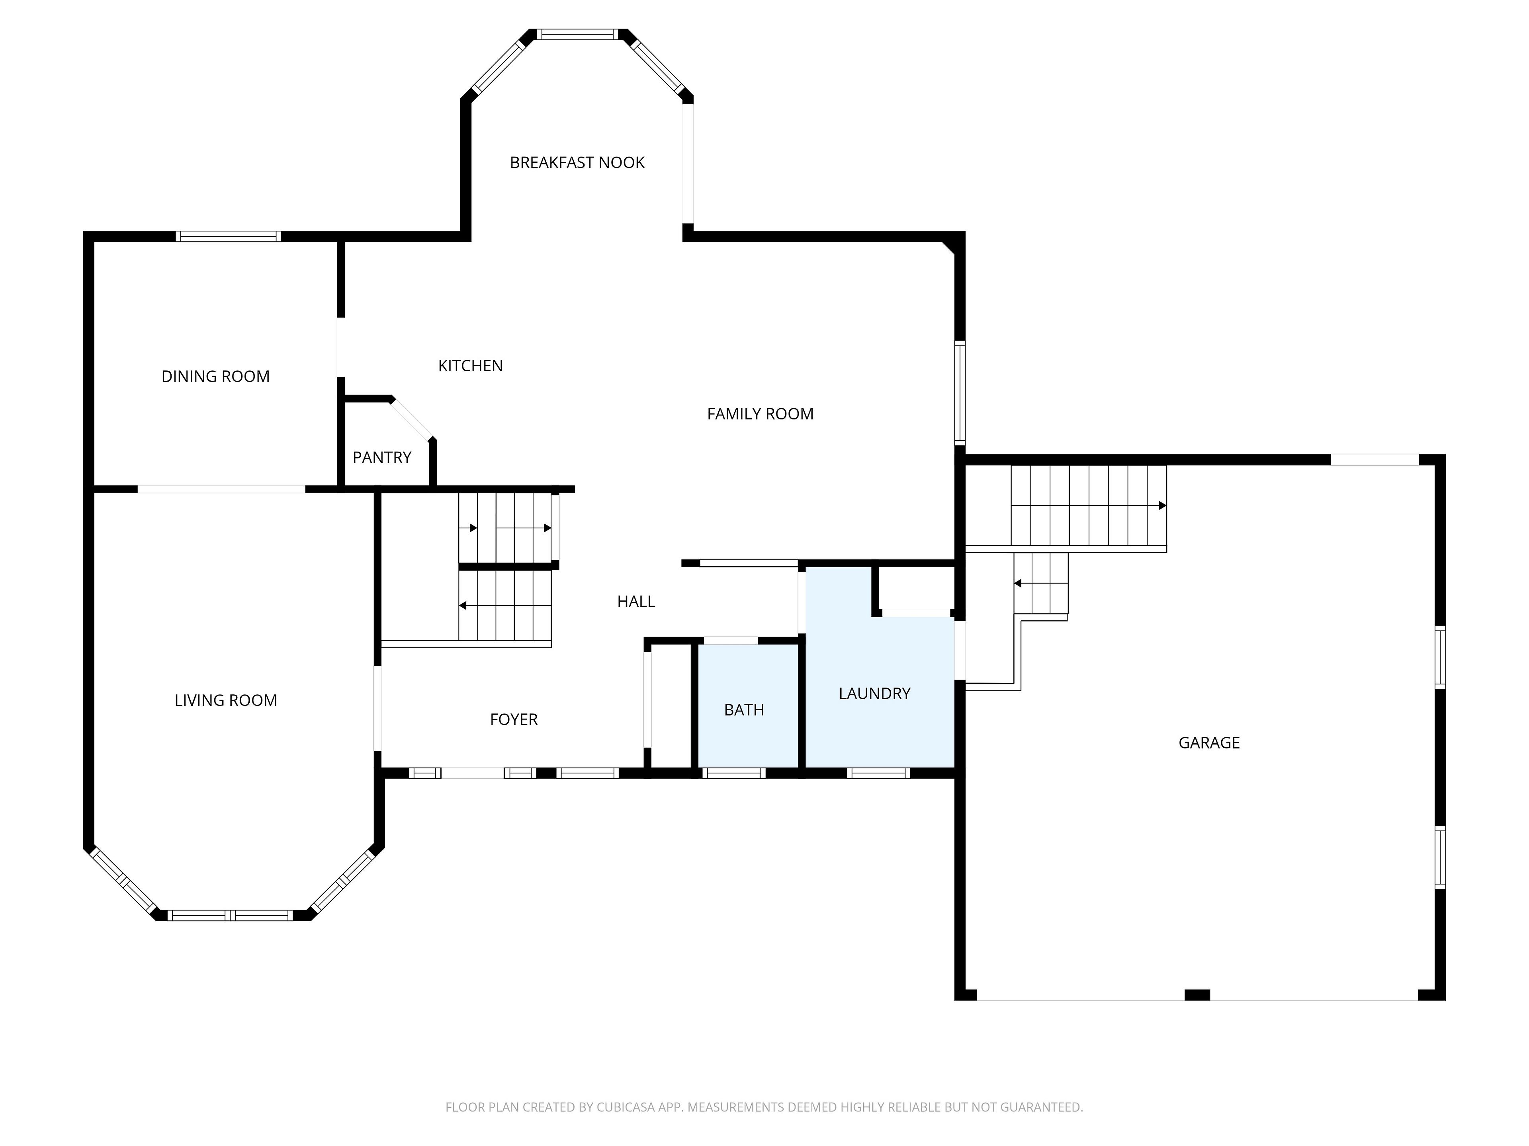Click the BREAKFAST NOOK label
(x=577, y=162)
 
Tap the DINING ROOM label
(x=216, y=376)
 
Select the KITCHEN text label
(x=471, y=365)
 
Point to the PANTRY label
(x=382, y=457)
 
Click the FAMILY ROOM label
(x=761, y=414)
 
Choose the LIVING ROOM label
(x=226, y=700)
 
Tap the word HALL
(x=636, y=602)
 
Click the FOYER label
(x=514, y=720)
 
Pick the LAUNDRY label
(x=874, y=694)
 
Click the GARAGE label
(x=1209, y=743)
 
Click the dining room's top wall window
(x=228, y=236)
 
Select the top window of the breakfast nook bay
(x=578, y=34)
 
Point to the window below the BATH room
(x=734, y=773)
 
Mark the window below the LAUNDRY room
(x=878, y=773)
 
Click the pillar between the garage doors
(x=1197, y=995)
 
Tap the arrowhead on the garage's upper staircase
(x=1163, y=506)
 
